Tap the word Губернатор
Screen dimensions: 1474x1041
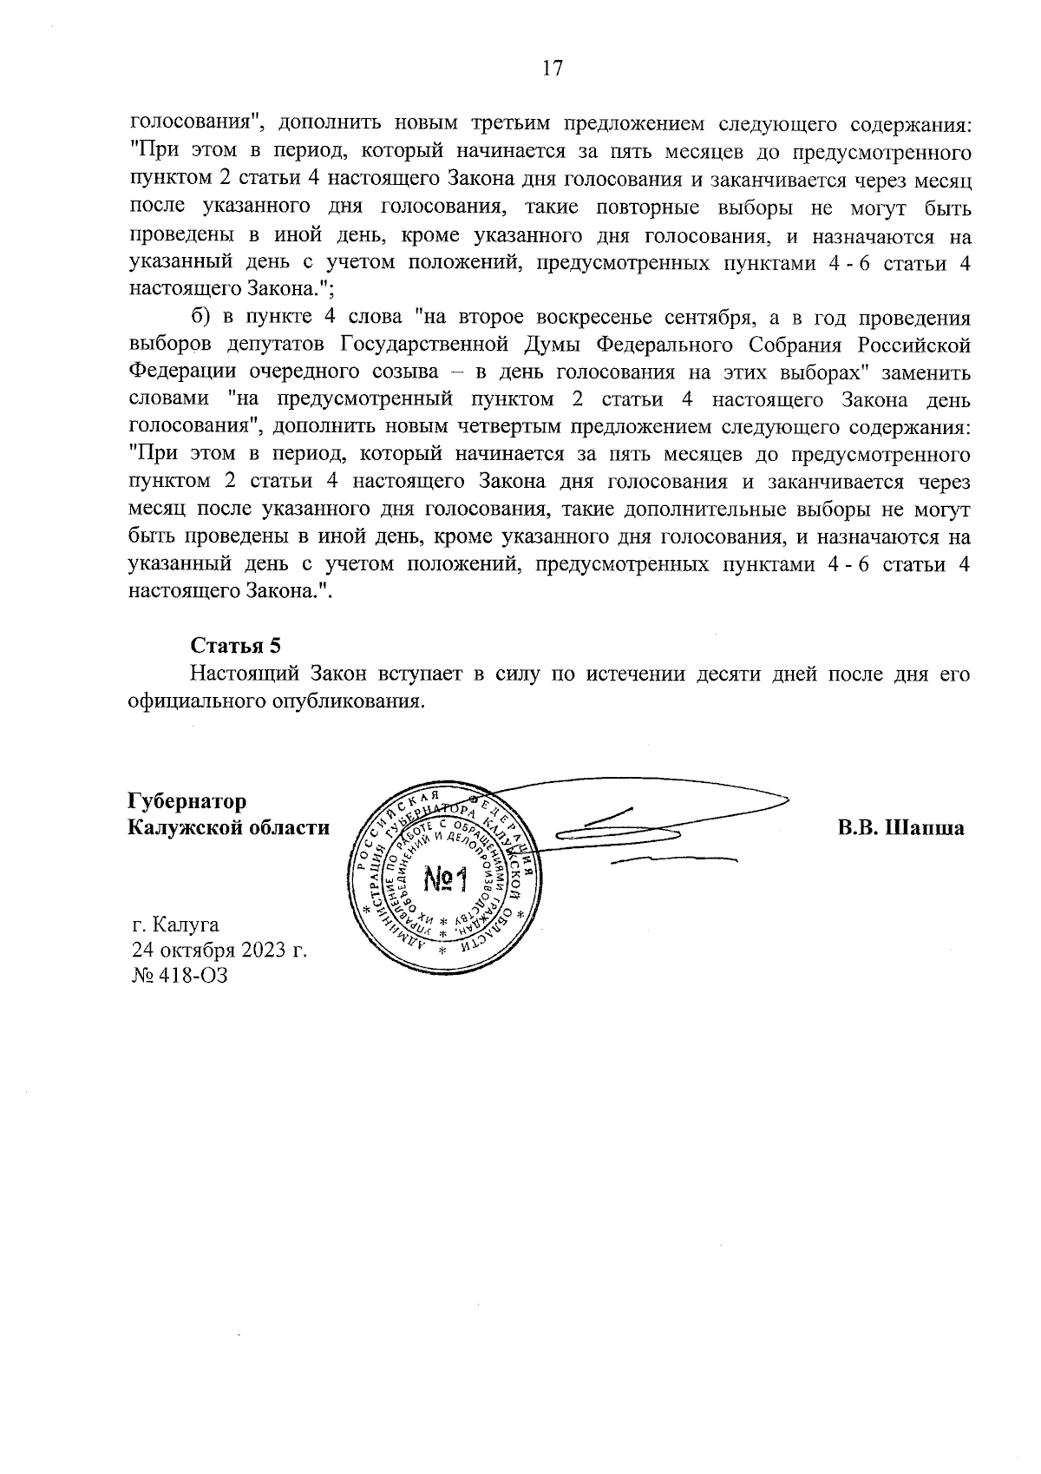point(187,800)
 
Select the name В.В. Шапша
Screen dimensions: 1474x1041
point(900,827)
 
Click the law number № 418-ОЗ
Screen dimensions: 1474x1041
point(180,975)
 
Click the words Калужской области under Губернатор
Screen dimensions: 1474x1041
point(228,827)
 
